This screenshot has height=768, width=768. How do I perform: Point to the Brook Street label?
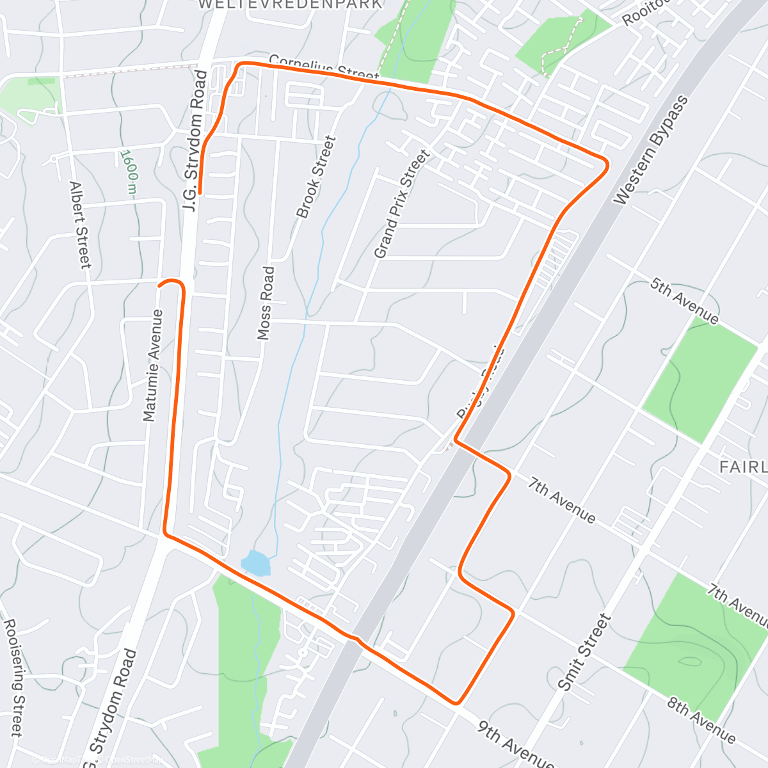click(316, 177)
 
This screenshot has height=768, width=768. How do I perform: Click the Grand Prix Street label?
click(401, 204)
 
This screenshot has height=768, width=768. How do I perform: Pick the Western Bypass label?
click(652, 150)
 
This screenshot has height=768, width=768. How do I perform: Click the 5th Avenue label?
click(684, 300)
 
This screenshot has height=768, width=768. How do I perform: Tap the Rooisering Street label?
click(14, 677)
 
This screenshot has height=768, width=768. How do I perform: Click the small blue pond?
click(256, 563)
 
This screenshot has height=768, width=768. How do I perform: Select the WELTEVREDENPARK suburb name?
click(290, 4)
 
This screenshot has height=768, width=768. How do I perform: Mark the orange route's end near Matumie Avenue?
click(159, 285)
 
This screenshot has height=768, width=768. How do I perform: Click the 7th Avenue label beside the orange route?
click(562, 499)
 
